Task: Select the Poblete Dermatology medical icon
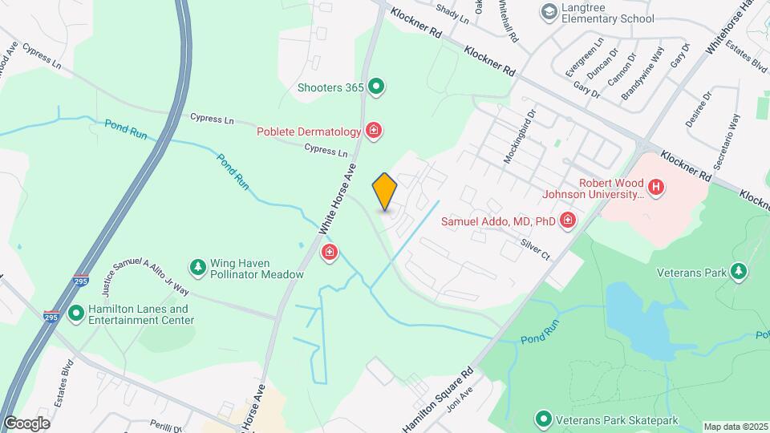373,131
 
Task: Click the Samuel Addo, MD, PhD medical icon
568,220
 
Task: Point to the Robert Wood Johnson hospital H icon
656,188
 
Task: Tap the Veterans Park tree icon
738,273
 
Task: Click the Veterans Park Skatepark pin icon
543,419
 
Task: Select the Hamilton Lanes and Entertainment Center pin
76,314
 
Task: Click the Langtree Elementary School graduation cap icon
549,11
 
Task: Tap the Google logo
26,423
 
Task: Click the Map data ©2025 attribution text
736,427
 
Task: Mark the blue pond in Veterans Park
642,321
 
